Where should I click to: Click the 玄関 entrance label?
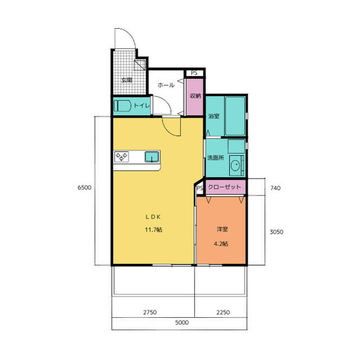pos(126,80)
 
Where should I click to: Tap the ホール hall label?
pos(166,85)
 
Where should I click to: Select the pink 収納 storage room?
pos(195,97)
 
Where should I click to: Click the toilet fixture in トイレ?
pos(122,106)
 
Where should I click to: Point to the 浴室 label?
pos(214,116)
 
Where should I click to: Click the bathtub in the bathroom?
pos(235,116)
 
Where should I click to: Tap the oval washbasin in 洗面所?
pos(235,165)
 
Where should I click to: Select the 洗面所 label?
pos(215,158)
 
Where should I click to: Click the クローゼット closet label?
pos(224,187)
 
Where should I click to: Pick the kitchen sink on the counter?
pos(152,157)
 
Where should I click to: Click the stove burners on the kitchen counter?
pos(122,157)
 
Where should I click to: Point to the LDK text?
pos(153,217)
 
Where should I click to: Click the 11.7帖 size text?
pos(153,230)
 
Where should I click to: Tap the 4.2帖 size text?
pos(221,244)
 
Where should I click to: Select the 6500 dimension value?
pos(84,188)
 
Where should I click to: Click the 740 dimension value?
pos(275,188)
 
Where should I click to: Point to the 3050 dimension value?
pos(276,232)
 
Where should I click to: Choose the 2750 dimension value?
pos(150,313)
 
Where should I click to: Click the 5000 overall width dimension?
pos(182,322)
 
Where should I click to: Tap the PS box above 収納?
pos(195,73)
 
